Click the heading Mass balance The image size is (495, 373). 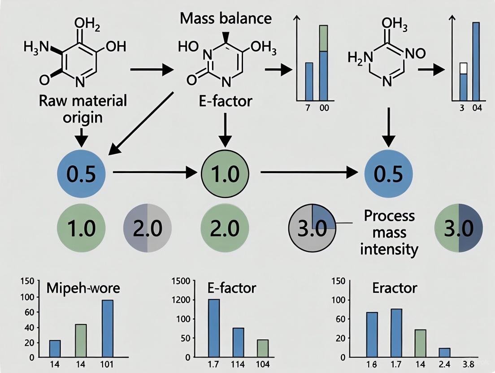point(226,18)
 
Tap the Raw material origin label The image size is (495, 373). point(82,108)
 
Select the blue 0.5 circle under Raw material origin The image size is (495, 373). point(81,173)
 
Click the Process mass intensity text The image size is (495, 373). point(382,232)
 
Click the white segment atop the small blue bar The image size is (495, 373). point(464,68)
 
